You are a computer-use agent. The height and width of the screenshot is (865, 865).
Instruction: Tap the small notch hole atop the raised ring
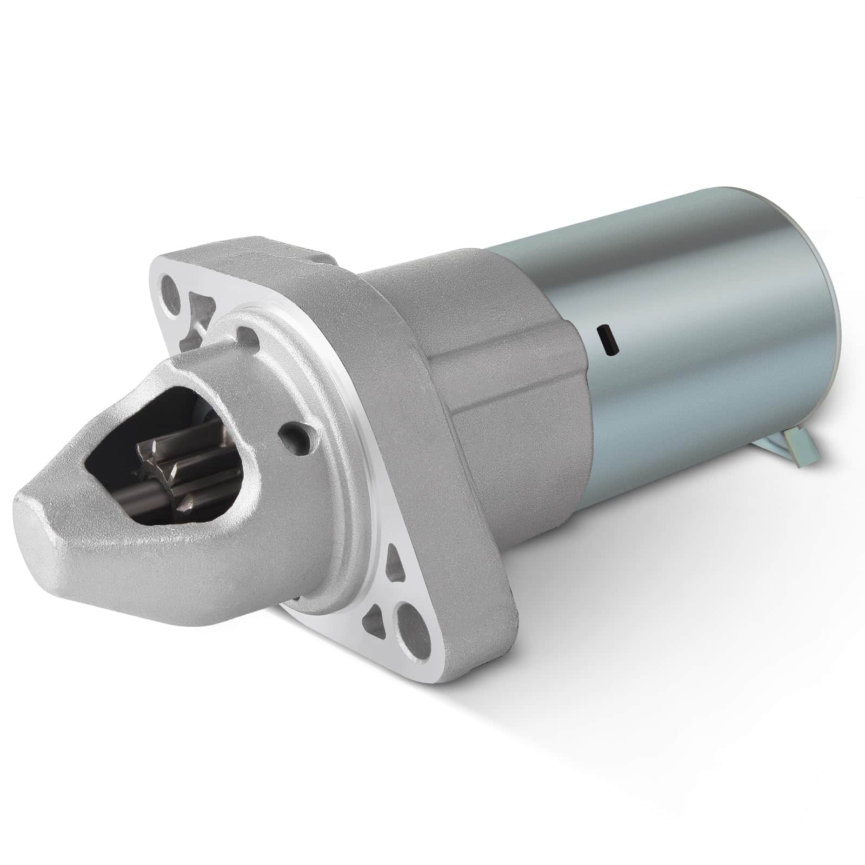(x=246, y=334)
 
